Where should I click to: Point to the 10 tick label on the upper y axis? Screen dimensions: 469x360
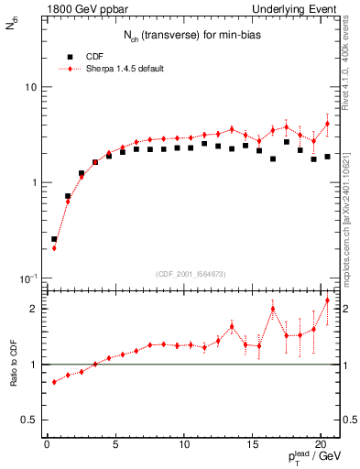[28, 87]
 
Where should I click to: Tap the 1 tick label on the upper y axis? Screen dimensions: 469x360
[31, 182]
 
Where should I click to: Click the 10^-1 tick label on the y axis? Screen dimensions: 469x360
[27, 278]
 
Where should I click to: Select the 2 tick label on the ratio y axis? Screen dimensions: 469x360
[32, 309]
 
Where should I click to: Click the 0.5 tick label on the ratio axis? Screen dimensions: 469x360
[28, 420]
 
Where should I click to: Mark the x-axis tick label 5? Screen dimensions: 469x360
[115, 446]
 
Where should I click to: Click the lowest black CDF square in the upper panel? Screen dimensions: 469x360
[54, 239]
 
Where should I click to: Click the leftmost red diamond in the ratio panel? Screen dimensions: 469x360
[54, 382]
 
